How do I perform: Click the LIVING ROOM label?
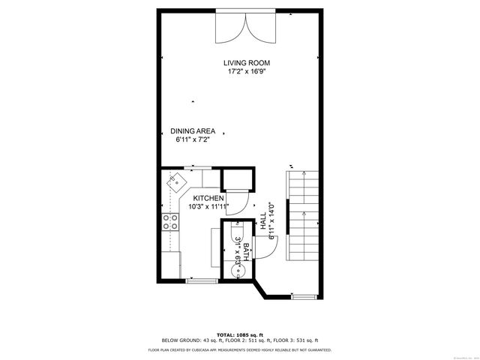click(x=247, y=63)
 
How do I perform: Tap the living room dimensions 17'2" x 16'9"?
click(x=247, y=72)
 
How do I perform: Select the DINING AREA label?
click(x=193, y=130)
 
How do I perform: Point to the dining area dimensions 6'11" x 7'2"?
click(x=193, y=139)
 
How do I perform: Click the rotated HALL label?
click(x=263, y=223)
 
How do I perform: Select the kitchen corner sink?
click(x=175, y=181)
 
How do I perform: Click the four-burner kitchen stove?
click(x=170, y=221)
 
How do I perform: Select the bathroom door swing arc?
click(x=268, y=244)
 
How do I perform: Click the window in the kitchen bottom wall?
click(x=200, y=281)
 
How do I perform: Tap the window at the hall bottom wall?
click(x=303, y=296)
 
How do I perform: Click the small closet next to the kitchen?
click(x=239, y=181)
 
